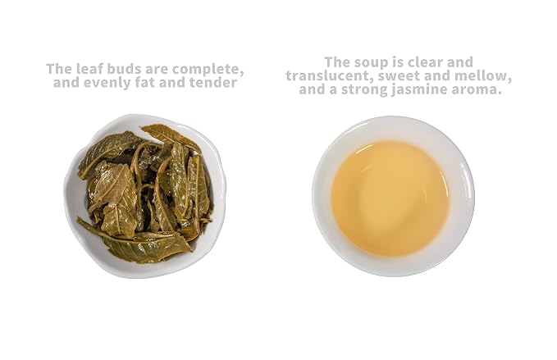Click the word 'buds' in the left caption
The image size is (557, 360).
click(125, 69)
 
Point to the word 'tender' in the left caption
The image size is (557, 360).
click(212, 82)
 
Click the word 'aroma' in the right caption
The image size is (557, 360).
click(474, 89)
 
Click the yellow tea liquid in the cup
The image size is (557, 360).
click(390, 198)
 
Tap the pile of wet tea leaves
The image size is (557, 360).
click(144, 194)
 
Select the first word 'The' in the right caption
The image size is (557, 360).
click(337, 62)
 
